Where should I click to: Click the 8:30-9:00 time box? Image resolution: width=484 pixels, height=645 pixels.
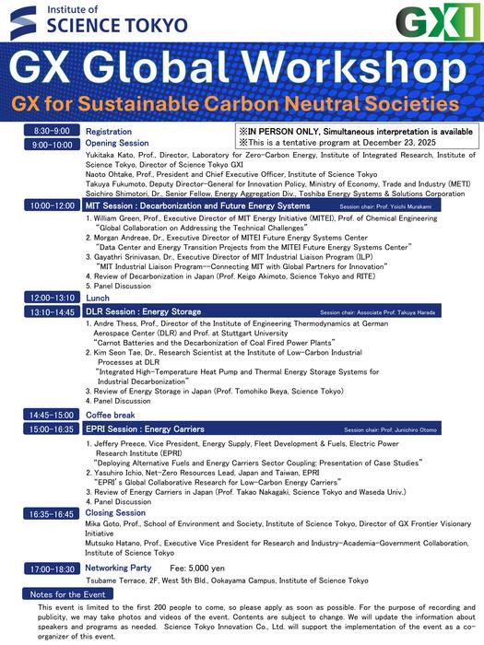coord(53,131)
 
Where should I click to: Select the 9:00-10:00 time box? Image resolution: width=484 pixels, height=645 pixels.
coord(53,144)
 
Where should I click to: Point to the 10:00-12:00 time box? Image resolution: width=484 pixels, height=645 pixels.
coord(53,205)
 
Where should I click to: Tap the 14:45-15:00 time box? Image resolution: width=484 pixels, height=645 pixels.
coord(53,415)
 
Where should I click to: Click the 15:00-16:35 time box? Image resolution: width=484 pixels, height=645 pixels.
coord(53,428)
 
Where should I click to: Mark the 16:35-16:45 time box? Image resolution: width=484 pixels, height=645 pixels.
coord(53,513)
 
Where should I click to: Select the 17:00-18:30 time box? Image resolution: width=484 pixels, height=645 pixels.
coord(53,569)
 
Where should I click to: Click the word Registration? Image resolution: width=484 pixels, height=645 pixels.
coord(108,132)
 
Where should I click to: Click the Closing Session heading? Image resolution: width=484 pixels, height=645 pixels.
coord(115,513)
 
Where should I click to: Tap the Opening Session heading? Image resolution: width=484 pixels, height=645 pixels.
coord(116,144)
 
